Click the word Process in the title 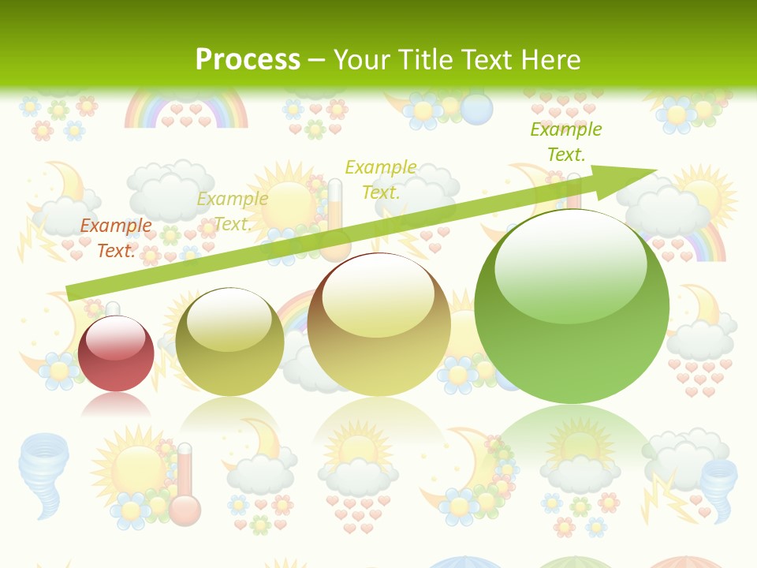[x=248, y=59]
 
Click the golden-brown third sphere [x=379, y=324]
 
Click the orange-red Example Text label [x=116, y=237]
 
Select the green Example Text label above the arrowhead [x=565, y=141]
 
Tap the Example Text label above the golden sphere [x=381, y=179]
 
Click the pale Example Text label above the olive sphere [x=232, y=211]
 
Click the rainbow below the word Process [x=186, y=108]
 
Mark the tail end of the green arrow [x=71, y=293]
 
